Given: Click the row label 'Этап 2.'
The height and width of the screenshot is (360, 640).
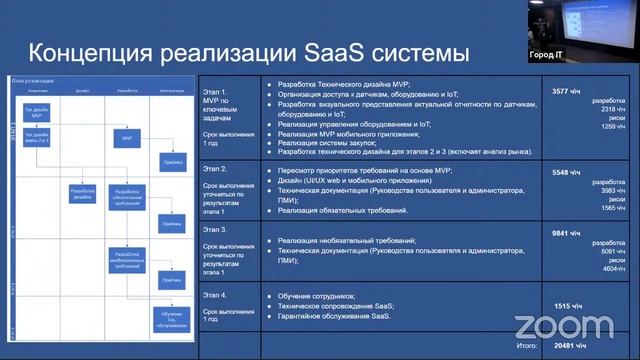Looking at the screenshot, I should click(x=216, y=169).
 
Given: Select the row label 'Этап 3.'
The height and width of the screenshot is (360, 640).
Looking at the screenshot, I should click(x=216, y=229).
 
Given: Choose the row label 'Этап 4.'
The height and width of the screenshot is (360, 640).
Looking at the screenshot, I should click(x=216, y=294).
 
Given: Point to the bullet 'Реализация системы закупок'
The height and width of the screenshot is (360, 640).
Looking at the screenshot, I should click(x=336, y=143).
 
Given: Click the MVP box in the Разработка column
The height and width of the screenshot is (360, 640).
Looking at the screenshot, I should click(x=127, y=139).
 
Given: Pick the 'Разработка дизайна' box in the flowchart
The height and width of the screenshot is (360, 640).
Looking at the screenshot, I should click(x=82, y=192).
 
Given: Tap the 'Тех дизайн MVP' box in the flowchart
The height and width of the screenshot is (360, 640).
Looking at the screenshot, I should click(x=36, y=112).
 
